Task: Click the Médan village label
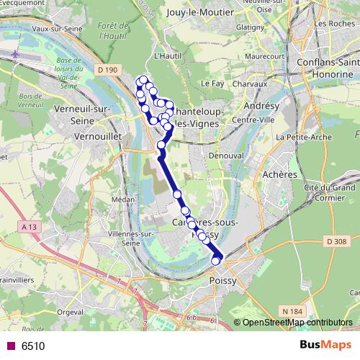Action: tap(123, 199)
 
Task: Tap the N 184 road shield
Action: tap(292, 311)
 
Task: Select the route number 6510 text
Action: tap(33, 346)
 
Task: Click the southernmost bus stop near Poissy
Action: tap(215, 261)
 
